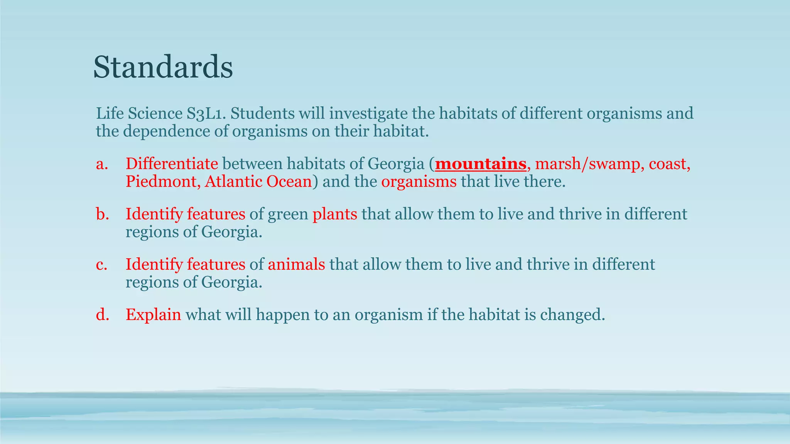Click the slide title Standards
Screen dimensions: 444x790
point(163,67)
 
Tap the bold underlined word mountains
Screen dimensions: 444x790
point(481,164)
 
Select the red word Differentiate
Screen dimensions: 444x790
point(172,164)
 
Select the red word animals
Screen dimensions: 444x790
point(296,265)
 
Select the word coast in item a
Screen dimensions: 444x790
point(668,164)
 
